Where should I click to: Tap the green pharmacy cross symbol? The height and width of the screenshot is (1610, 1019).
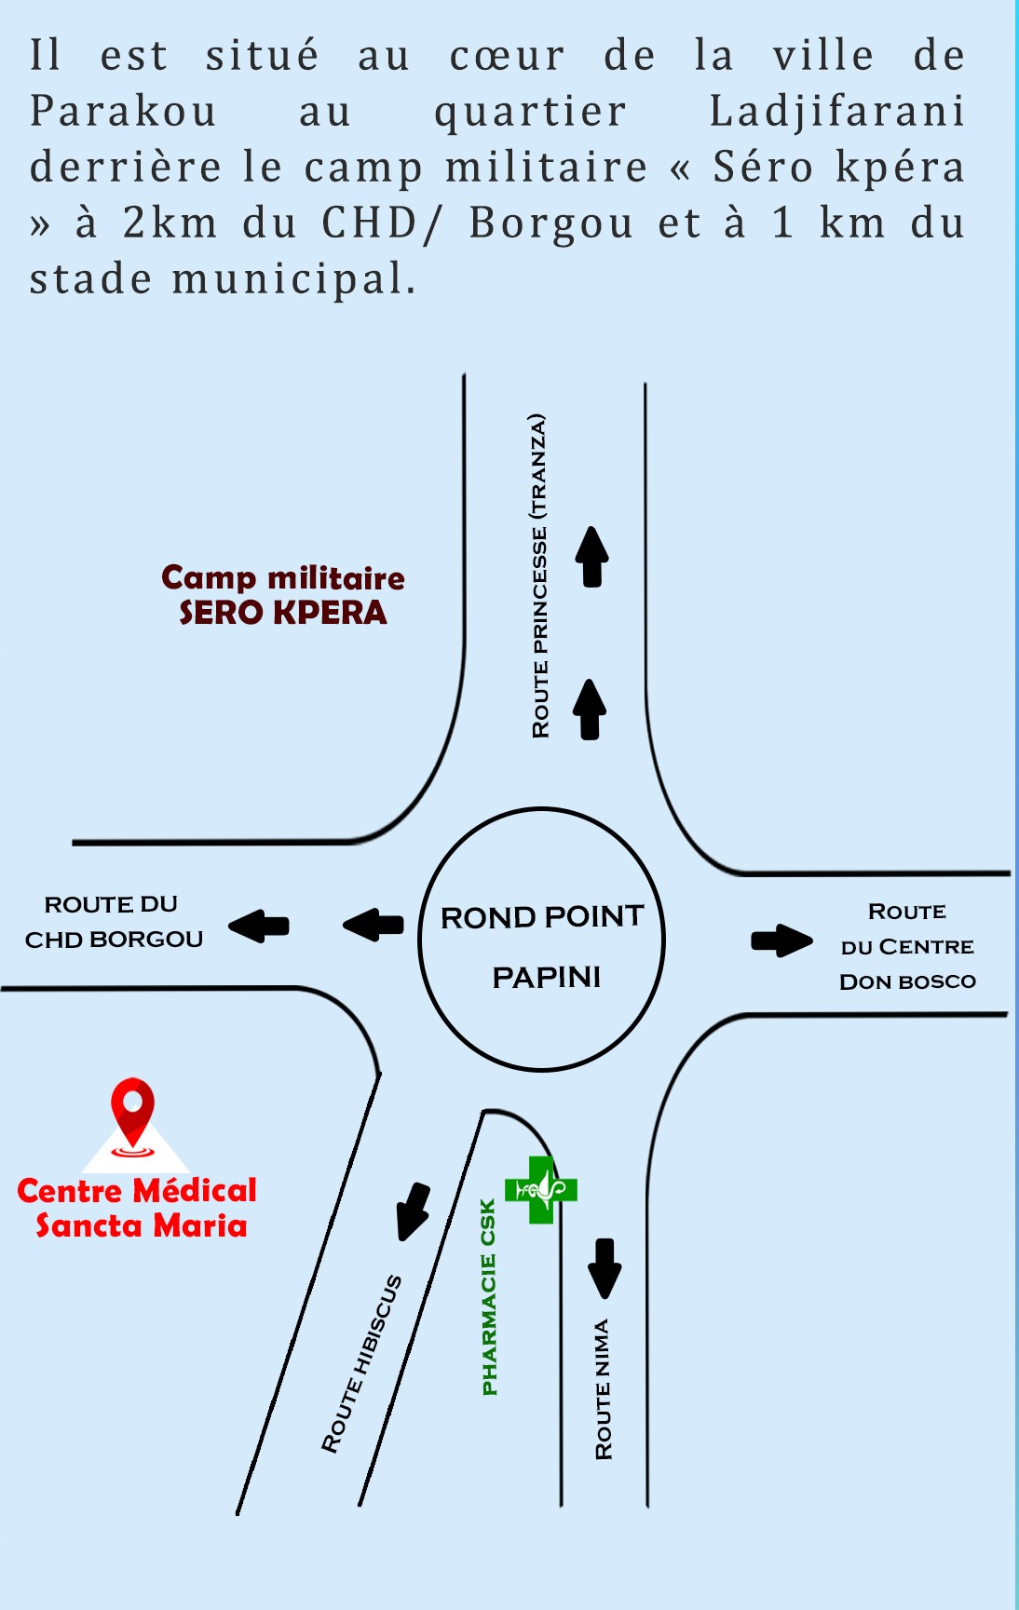click(540, 1189)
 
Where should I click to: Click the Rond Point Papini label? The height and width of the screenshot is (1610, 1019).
click(543, 946)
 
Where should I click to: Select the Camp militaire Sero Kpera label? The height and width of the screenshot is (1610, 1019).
click(283, 595)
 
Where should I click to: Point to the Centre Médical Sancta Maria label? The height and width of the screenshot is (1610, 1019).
click(137, 1208)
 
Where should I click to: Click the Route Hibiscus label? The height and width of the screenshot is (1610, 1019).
click(361, 1363)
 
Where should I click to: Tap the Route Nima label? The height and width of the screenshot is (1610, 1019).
click(604, 1388)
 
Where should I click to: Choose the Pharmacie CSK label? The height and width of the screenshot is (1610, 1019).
click(489, 1297)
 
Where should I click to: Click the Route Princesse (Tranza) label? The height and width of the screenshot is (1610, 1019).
click(539, 575)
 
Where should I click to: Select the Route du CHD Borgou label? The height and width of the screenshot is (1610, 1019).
click(113, 922)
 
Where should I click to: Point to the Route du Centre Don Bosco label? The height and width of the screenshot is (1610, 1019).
click(907, 946)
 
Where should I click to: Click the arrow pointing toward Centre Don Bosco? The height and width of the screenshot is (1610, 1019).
click(781, 940)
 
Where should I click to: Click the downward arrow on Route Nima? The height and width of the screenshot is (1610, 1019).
click(605, 1267)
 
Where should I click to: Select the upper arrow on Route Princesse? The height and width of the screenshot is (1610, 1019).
click(591, 557)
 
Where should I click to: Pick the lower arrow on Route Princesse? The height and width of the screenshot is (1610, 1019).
click(590, 710)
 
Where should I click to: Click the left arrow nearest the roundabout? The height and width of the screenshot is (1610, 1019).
click(374, 925)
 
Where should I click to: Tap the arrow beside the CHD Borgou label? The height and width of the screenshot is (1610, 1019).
click(259, 926)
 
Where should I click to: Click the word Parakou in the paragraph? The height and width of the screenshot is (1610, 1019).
click(124, 112)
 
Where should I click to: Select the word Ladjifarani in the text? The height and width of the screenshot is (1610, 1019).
click(836, 112)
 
